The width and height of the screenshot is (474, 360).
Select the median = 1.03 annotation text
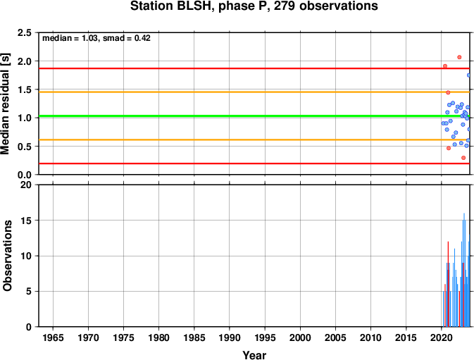pos(70,38)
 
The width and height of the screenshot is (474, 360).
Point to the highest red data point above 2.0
pos(459,57)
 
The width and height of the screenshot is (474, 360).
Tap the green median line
pos(254,116)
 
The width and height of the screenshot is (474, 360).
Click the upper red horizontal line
pos(254,68)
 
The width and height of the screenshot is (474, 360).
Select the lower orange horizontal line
pos(254,139)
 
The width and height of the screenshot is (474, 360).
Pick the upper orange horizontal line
pos(254,92)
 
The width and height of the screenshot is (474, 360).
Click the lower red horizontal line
pos(254,163)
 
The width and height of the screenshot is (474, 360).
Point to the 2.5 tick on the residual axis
pos(25,32)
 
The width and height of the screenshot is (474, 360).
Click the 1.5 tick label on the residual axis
pos(25,89)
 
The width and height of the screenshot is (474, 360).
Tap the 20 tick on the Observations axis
pos(26,185)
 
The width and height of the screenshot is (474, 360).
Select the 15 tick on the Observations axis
pos(26,221)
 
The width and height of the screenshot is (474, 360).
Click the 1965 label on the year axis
pos(53,337)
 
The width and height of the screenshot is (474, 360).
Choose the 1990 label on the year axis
pos(230,337)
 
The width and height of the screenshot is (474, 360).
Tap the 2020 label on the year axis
pos(442,337)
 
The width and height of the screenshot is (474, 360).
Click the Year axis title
pos(254,355)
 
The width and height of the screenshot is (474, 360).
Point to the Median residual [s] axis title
pos(6,104)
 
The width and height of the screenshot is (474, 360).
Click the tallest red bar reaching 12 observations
pos(448,284)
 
